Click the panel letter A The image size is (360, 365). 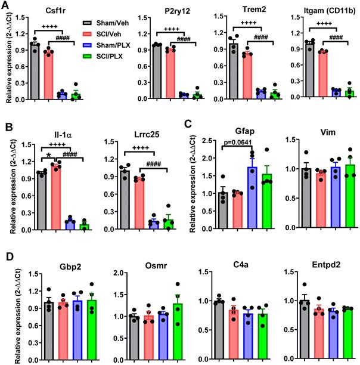tap(6, 5)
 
